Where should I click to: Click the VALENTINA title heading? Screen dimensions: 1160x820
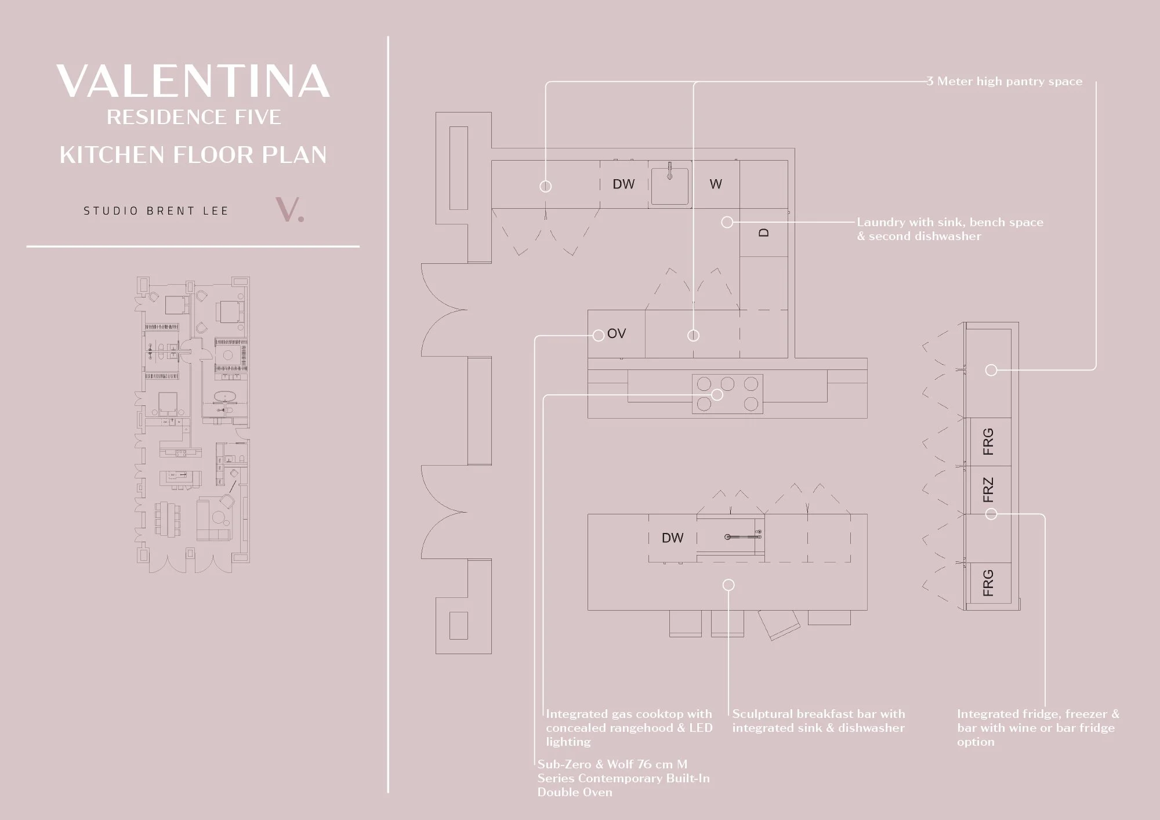pyautogui.click(x=194, y=81)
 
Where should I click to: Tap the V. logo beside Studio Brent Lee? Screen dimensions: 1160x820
pyautogui.click(x=289, y=210)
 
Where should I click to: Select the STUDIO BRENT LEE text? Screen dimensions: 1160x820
pyautogui.click(x=156, y=211)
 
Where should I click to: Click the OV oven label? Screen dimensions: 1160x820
pyautogui.click(x=617, y=333)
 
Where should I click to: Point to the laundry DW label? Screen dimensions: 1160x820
pyautogui.click(x=623, y=184)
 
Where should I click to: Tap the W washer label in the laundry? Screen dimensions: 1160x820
pyautogui.click(x=716, y=184)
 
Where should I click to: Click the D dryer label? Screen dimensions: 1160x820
pyautogui.click(x=764, y=233)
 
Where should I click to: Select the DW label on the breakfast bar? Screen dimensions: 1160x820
pyautogui.click(x=673, y=538)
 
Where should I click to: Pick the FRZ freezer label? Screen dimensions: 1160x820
pyautogui.click(x=988, y=490)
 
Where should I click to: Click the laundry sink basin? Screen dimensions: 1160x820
pyautogui.click(x=670, y=186)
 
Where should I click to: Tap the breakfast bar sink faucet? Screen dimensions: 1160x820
pyautogui.click(x=743, y=537)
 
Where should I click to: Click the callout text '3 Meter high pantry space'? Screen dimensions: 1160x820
pyautogui.click(x=1005, y=81)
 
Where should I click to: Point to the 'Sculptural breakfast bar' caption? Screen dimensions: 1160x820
pyautogui.click(x=818, y=721)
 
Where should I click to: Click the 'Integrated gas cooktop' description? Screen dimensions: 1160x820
pyautogui.click(x=629, y=728)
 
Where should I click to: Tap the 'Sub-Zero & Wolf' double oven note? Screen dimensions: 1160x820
pyautogui.click(x=623, y=778)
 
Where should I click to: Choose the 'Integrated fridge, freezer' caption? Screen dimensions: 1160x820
pyautogui.click(x=1038, y=728)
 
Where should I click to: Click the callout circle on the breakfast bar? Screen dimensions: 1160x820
pyautogui.click(x=728, y=585)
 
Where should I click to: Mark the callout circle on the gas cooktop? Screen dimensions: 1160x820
pyautogui.click(x=717, y=395)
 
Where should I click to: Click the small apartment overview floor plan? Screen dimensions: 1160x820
pyautogui.click(x=192, y=424)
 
